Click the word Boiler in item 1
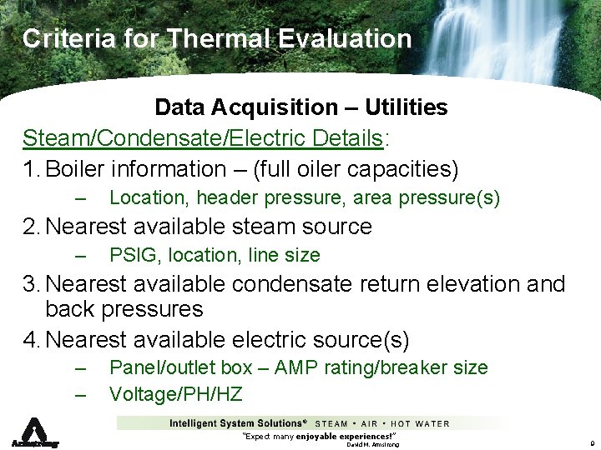(x=78, y=169)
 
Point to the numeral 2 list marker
(x=30, y=227)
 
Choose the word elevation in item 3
(x=471, y=284)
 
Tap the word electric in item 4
(x=267, y=340)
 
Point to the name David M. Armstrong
(x=372, y=445)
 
